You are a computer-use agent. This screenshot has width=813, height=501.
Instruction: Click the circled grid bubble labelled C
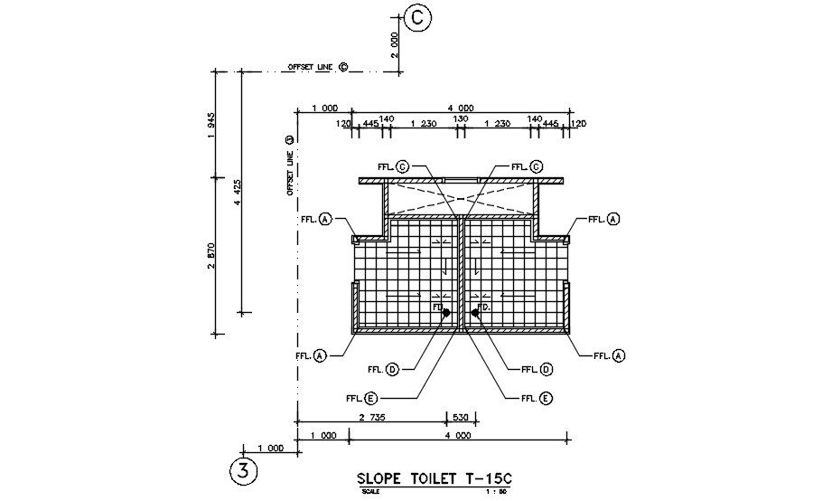pyautogui.click(x=418, y=16)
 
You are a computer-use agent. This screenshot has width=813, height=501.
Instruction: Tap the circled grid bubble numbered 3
pyautogui.click(x=243, y=471)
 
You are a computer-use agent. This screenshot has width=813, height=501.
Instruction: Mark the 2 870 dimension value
pyautogui.click(x=210, y=256)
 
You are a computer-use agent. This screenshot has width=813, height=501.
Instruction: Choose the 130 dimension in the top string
pyautogui.click(x=461, y=119)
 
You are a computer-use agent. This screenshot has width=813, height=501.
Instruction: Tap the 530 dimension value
pyautogui.click(x=461, y=417)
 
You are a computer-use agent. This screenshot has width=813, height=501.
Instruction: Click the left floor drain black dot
pyautogui.click(x=445, y=313)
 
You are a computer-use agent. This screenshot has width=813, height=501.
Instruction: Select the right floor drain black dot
pyautogui.click(x=474, y=313)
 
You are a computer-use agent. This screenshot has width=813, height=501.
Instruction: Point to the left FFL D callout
pyautogui.click(x=383, y=369)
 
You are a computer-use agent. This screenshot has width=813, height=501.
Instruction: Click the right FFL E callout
pyautogui.click(x=537, y=398)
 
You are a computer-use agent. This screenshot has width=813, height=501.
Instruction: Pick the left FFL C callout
pyautogui.click(x=393, y=166)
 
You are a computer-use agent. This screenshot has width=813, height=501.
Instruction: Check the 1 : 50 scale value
pyautogui.click(x=497, y=492)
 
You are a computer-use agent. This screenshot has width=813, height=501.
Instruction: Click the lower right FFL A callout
pyautogui.click(x=610, y=355)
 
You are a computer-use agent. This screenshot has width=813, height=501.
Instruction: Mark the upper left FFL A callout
pyautogui.click(x=316, y=219)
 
